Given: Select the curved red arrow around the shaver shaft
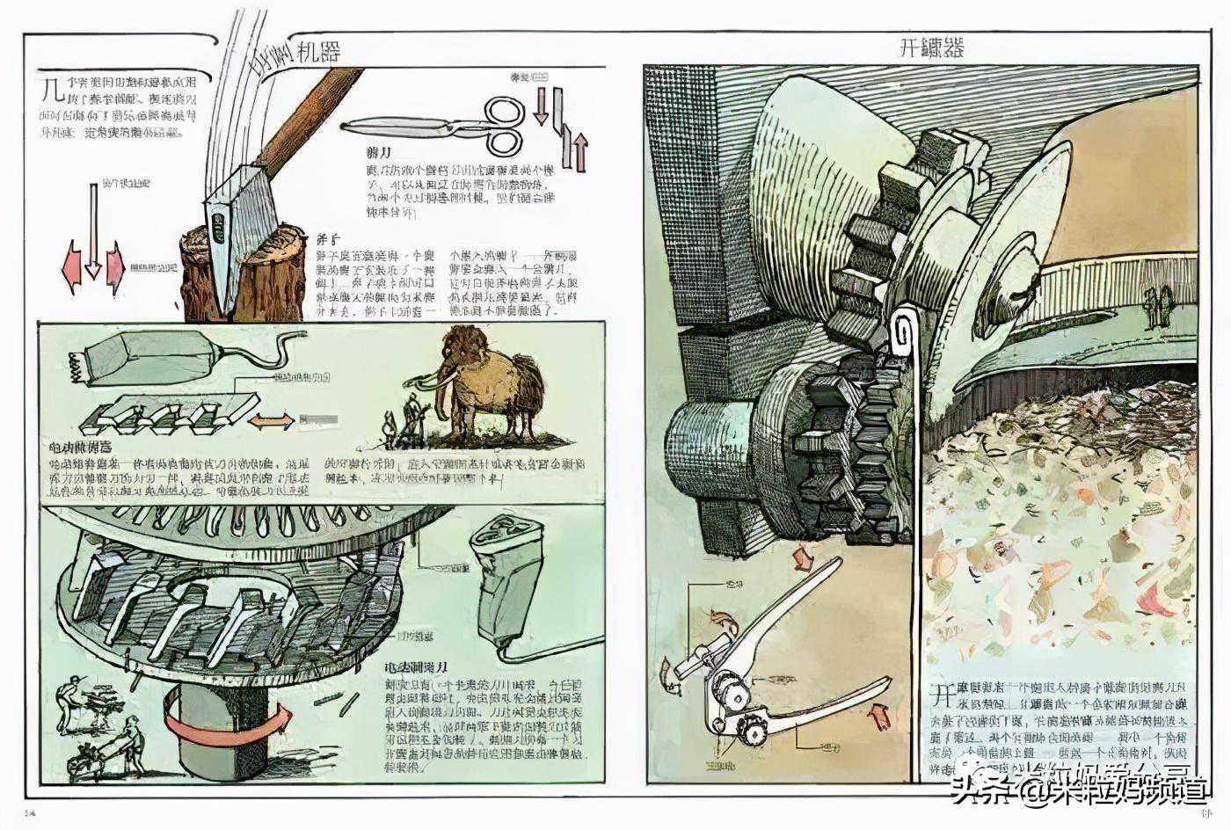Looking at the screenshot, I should coord(227,718).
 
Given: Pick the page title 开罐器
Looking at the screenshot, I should coord(931,48).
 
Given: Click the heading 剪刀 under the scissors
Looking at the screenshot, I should coord(379,153).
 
